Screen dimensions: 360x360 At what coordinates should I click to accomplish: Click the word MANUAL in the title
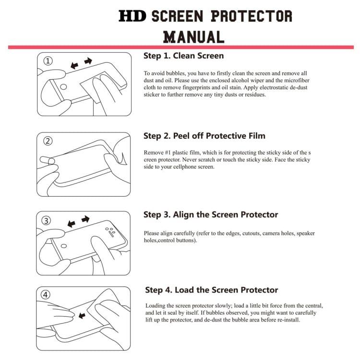[193, 36]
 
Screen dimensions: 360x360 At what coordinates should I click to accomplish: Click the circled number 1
[48, 61]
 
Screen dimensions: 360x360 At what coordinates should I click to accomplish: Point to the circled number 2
[48, 141]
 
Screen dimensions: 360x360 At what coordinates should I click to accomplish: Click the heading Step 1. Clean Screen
[183, 56]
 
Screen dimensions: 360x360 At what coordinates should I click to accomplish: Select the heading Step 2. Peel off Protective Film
[204, 136]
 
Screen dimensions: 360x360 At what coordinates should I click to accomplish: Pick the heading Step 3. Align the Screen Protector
[211, 215]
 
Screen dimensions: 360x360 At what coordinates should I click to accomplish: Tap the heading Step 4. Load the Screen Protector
[212, 290]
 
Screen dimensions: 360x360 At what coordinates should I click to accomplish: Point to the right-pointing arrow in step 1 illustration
[88, 61]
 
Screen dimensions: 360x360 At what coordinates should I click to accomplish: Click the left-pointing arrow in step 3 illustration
[72, 224]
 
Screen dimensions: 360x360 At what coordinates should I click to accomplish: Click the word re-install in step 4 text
[287, 320]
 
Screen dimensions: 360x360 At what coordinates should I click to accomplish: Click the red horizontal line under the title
[180, 47]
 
